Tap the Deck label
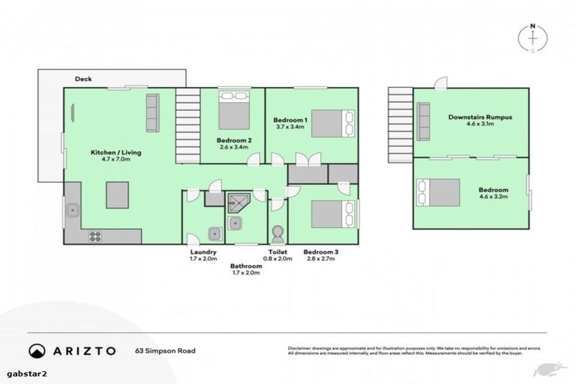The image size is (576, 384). click(82, 77)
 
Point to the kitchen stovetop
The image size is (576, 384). click(96, 235)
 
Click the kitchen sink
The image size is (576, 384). click(73, 211)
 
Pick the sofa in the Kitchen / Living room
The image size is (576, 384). click(152, 112)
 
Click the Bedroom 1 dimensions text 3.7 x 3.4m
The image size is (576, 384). click(289, 128)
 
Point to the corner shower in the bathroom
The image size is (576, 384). click(238, 202)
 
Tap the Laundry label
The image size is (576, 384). click(203, 252)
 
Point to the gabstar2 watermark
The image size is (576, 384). click(20, 373)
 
